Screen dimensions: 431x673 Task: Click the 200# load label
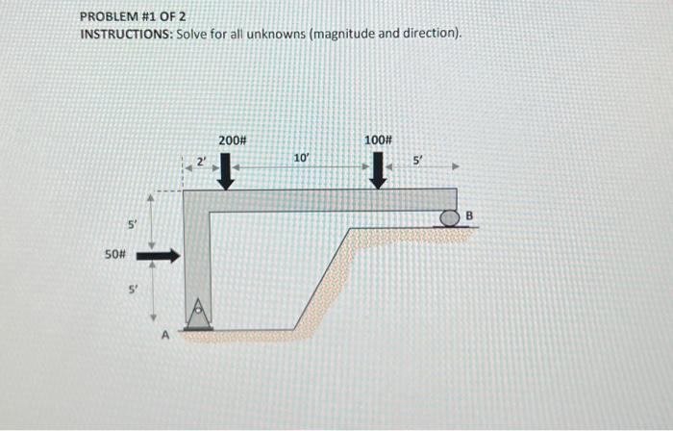(233, 140)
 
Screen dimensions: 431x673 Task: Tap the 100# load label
(379, 140)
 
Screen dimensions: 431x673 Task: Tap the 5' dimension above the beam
(417, 160)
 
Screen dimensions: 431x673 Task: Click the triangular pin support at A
(200, 313)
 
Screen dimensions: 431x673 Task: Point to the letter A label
(164, 336)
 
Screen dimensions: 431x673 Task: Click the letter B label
(470, 215)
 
